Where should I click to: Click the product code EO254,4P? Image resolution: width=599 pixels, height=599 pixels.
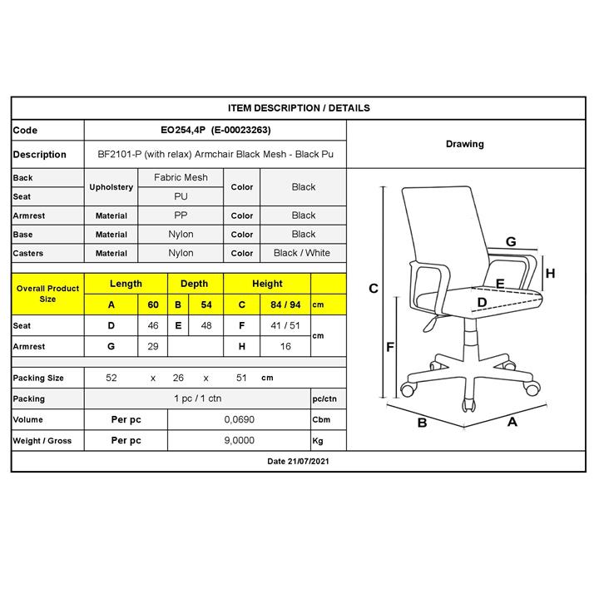coord(183,131)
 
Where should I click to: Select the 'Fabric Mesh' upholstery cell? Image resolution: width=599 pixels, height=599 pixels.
coord(181,178)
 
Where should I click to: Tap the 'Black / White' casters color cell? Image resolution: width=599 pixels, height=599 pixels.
coord(302,253)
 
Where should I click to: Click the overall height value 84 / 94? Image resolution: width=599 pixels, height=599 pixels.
coord(285,304)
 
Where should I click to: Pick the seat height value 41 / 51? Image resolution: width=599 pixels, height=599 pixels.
coord(285,326)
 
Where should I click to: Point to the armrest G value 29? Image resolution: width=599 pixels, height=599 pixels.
coord(153,346)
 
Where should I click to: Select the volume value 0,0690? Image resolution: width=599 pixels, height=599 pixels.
coord(239,419)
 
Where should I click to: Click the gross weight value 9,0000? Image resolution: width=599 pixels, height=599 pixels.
coord(239,440)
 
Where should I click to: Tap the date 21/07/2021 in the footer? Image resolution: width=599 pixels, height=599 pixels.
coord(308,462)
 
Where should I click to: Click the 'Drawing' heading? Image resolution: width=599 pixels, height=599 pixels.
coord(465,144)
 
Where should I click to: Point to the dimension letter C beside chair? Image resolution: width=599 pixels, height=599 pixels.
coord(374,289)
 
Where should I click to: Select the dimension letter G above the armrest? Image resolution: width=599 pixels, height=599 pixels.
coord(511,241)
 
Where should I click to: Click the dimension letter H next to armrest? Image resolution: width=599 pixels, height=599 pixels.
coord(550,273)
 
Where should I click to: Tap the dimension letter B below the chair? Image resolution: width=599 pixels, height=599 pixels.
coord(422,423)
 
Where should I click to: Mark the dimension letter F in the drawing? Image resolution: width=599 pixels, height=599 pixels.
coord(390,347)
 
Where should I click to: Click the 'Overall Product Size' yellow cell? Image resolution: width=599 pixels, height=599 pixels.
coord(47,294)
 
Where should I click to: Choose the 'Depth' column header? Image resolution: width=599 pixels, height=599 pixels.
coord(195,284)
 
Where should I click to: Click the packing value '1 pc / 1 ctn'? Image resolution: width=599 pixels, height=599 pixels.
coord(197,399)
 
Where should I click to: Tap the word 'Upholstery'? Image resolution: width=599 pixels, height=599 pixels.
coord(111,187)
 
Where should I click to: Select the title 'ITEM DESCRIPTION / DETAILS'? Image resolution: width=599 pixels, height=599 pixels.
coord(299,108)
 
